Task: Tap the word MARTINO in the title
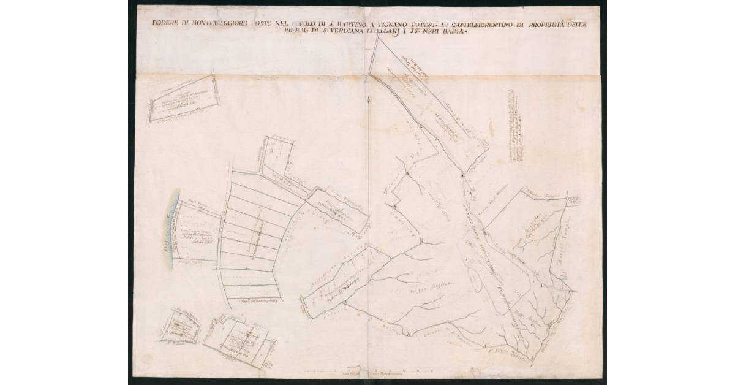(338, 24)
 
